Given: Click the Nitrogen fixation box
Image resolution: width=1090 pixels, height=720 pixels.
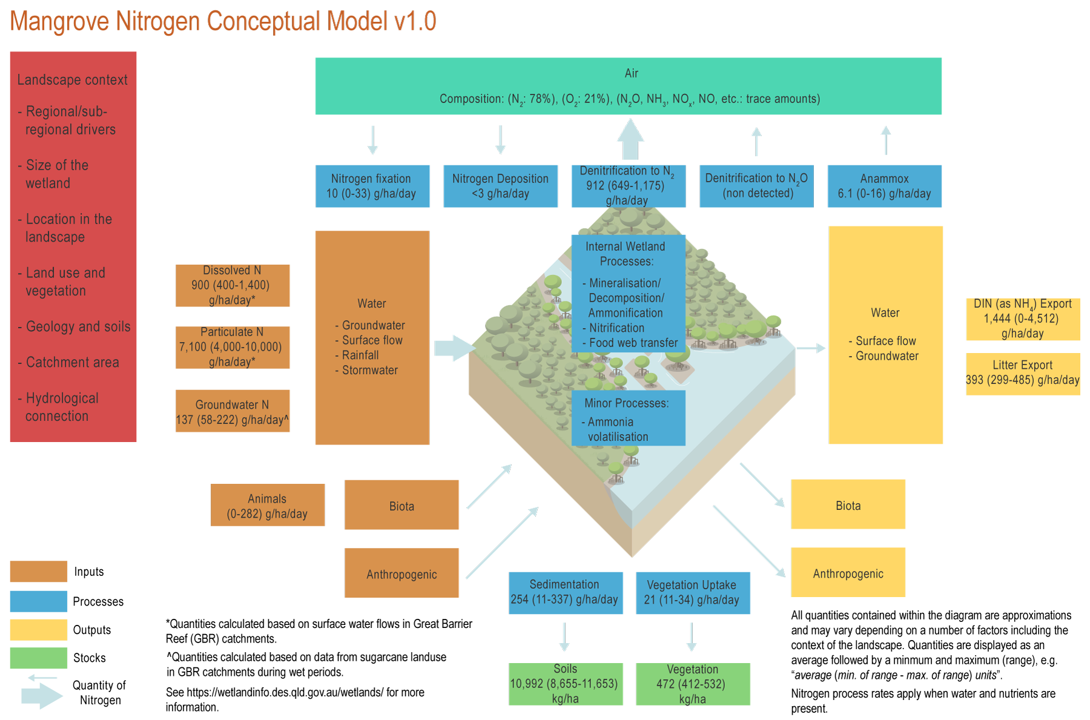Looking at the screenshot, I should click(372, 186).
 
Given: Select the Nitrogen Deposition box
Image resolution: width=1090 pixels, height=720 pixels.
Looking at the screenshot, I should click(500, 186).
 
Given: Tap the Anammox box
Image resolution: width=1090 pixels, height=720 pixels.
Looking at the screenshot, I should click(885, 186).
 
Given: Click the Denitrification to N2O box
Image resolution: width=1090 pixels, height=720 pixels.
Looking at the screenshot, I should click(756, 186).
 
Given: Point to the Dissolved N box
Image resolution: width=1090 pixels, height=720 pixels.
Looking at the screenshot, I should click(233, 285).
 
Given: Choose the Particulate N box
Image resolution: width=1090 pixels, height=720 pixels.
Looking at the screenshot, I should click(233, 347).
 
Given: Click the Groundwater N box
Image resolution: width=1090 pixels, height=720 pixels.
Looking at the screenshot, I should click(233, 411).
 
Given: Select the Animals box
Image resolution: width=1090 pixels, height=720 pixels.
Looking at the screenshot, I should click(267, 505).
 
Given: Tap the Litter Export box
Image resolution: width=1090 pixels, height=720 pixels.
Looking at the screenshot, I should click(1023, 374).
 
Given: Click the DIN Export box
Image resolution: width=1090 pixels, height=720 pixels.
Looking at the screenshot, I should click(1023, 319).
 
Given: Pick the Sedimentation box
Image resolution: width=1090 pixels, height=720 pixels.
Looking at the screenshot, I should click(566, 593).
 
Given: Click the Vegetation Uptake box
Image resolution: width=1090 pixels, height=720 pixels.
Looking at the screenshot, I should click(693, 593).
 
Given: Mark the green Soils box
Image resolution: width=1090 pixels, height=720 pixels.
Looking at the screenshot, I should click(566, 684).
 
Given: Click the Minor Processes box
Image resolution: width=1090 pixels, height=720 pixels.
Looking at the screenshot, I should click(628, 418).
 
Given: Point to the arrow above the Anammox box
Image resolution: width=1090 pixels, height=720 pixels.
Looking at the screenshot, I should click(886, 140).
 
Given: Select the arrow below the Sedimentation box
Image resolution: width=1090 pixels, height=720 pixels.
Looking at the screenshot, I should click(564, 637).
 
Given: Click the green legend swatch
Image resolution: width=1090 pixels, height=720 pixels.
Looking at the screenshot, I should click(38, 658).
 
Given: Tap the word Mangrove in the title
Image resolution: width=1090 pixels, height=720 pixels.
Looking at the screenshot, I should click(59, 22).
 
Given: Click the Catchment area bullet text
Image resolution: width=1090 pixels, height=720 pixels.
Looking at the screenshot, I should click(72, 362).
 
